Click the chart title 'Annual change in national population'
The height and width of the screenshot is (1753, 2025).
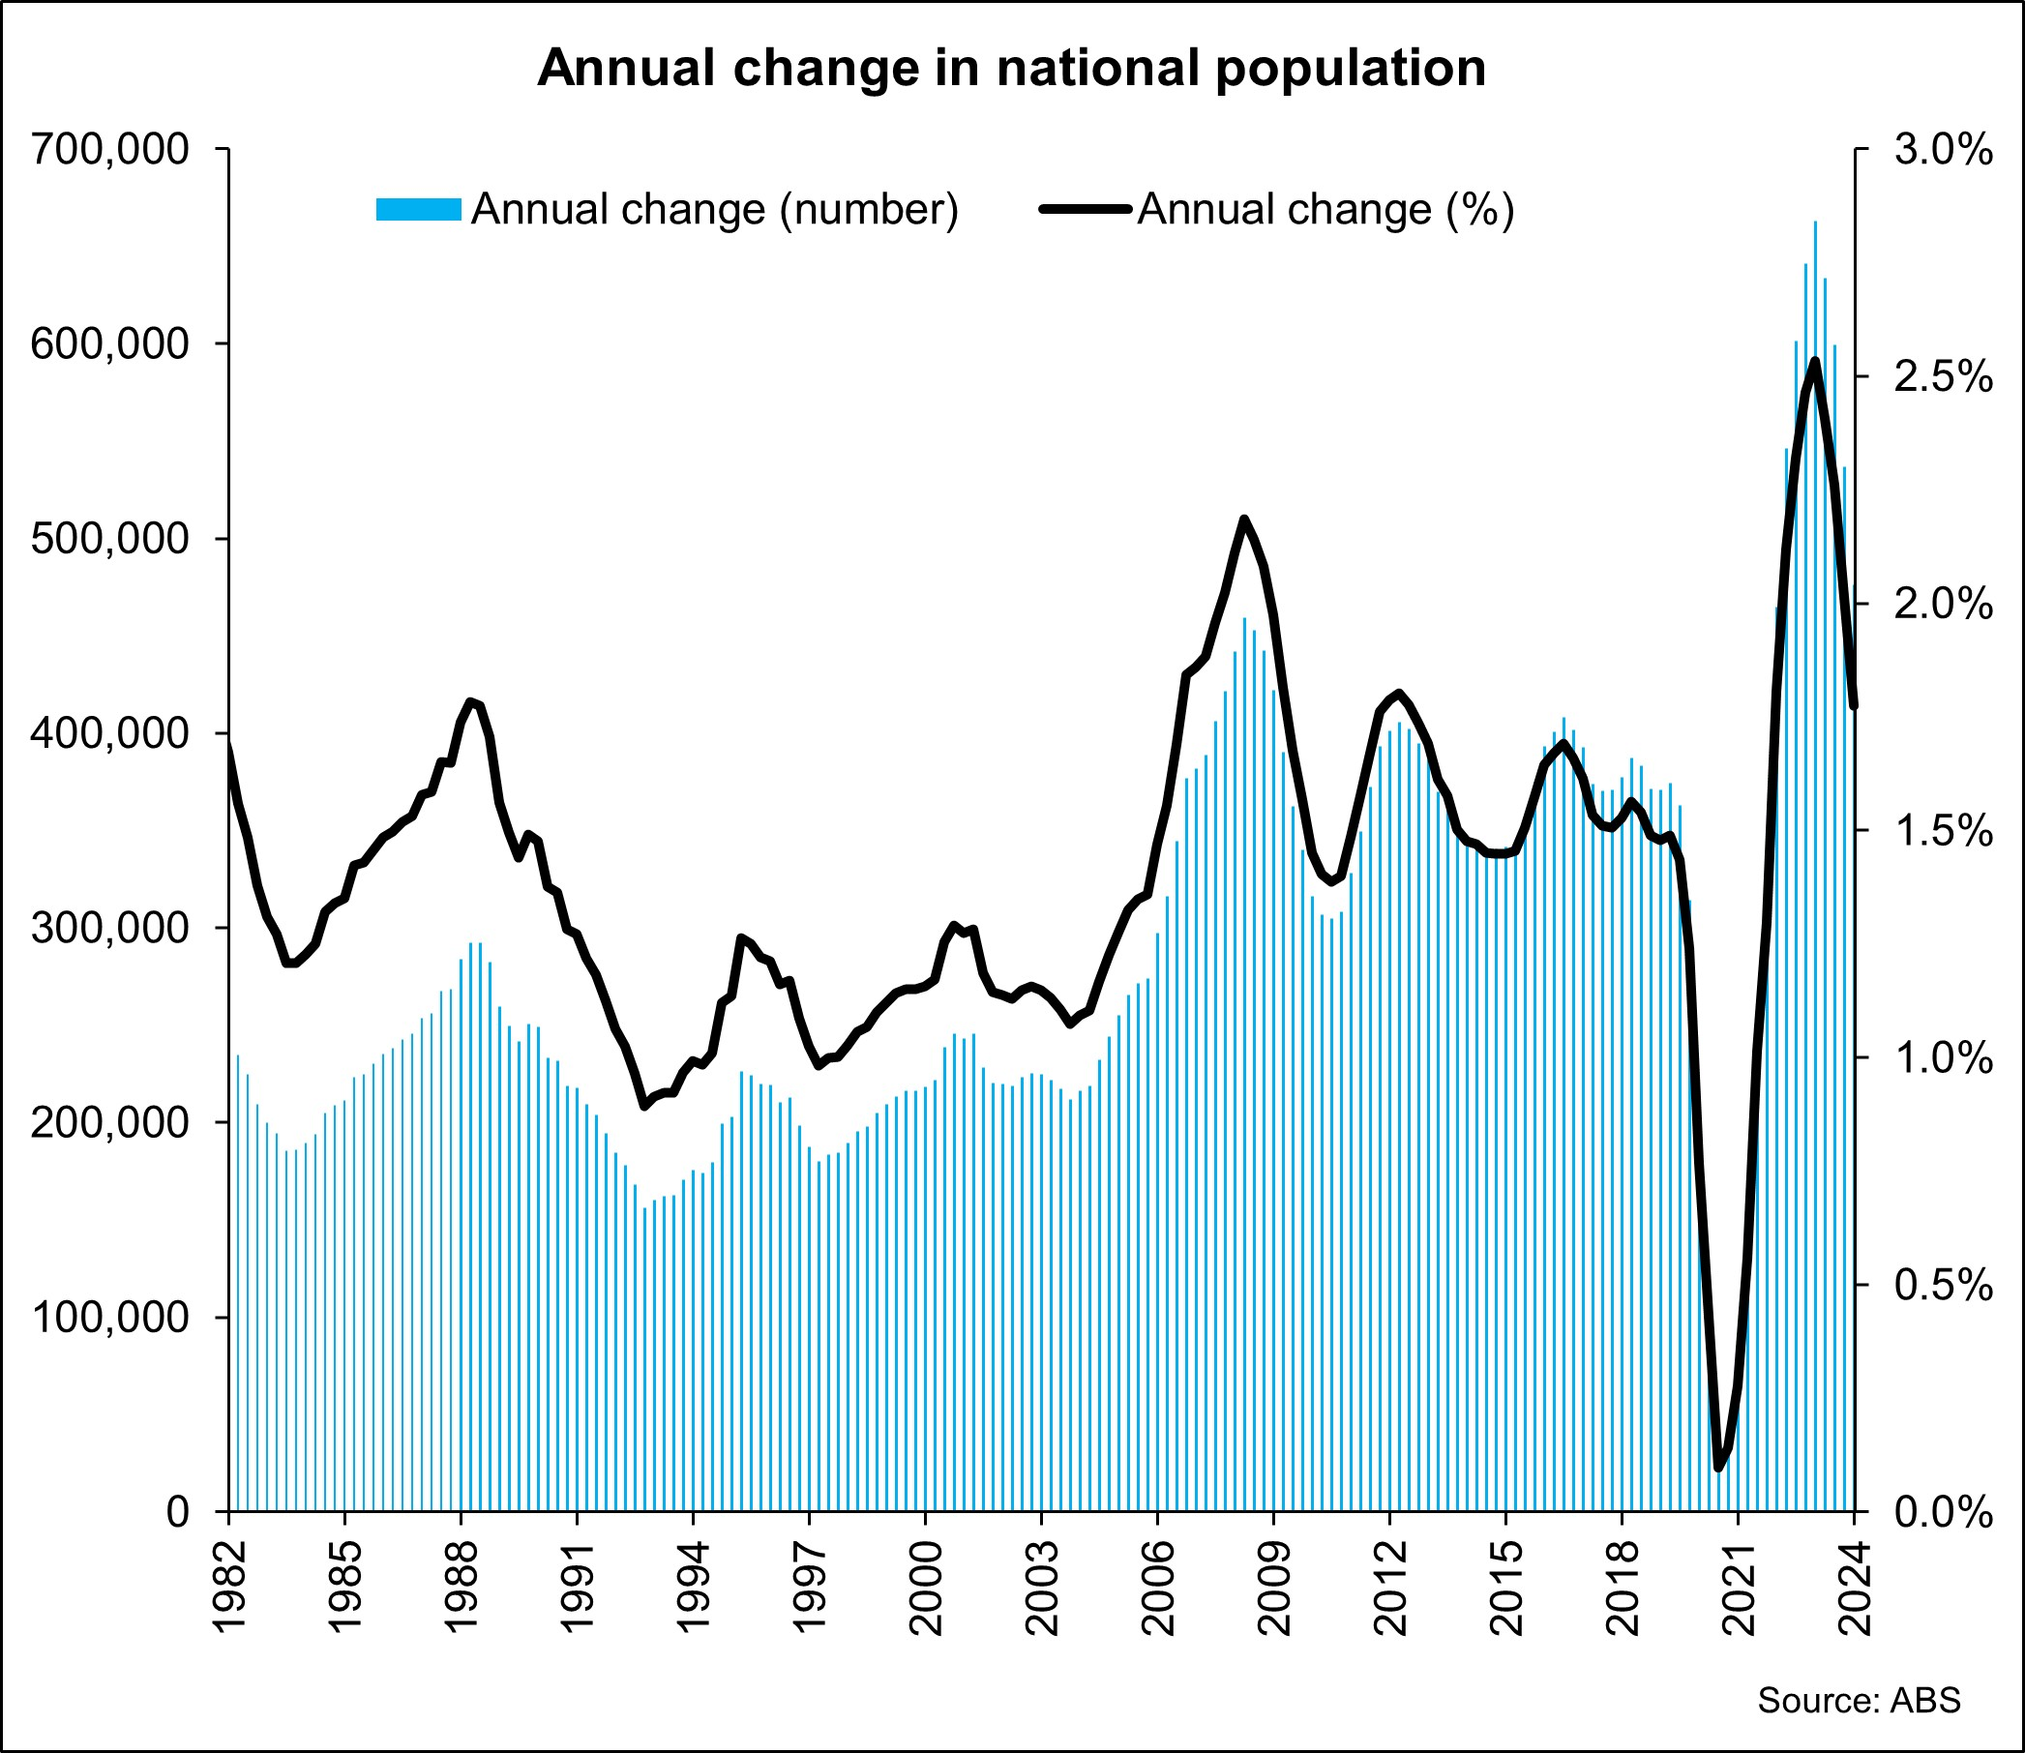point(1011,69)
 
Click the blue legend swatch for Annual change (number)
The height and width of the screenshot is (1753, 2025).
point(418,209)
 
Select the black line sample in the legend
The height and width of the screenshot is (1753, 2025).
point(1085,209)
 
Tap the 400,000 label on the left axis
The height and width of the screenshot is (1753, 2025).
point(109,733)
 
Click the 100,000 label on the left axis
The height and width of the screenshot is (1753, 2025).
point(109,1318)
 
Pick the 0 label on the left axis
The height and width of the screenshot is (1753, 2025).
point(177,1512)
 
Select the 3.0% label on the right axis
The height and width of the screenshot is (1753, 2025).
point(1943,151)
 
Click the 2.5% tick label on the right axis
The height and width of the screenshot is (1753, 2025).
point(1943,377)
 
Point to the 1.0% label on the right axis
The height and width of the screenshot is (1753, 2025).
point(1943,1058)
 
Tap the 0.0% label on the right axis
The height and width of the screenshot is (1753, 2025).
point(1943,1512)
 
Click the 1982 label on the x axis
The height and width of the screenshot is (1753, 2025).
point(230,1589)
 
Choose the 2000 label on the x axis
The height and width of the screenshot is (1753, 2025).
point(926,1589)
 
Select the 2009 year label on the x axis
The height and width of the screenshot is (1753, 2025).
point(1273,1589)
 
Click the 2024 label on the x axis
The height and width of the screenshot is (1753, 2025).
point(1854,1589)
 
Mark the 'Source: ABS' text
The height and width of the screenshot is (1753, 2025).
point(1859,1700)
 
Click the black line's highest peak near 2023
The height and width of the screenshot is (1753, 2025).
point(1816,362)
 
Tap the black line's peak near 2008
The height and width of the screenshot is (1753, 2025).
point(1243,520)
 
